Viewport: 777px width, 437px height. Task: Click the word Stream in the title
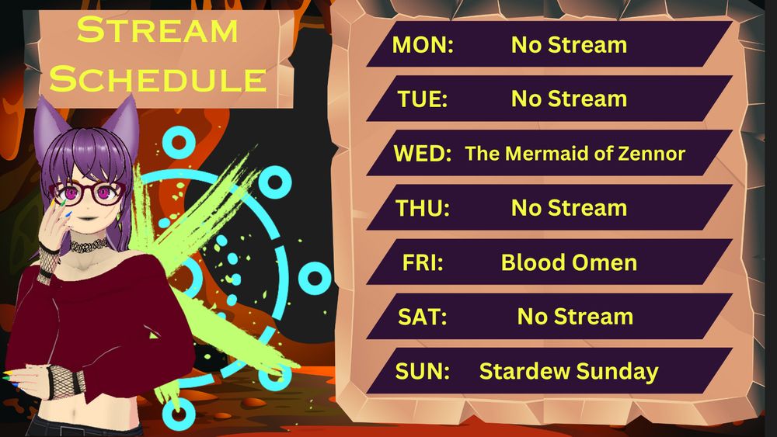click(158, 31)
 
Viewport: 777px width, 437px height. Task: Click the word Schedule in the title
click(162, 78)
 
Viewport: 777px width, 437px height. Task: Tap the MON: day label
click(423, 45)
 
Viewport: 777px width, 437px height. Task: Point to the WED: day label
click(423, 154)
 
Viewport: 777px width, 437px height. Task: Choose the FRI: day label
click(422, 262)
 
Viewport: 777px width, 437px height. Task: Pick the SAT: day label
click(422, 317)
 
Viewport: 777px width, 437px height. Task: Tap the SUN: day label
click(423, 371)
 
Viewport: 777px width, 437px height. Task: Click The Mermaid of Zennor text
click(575, 154)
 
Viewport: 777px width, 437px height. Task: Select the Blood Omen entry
click(569, 262)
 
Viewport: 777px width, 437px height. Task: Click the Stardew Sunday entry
click(569, 371)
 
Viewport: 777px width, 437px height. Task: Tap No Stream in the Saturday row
click(575, 317)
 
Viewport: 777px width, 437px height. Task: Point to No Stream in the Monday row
click(569, 45)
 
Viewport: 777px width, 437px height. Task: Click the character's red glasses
click(85, 192)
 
